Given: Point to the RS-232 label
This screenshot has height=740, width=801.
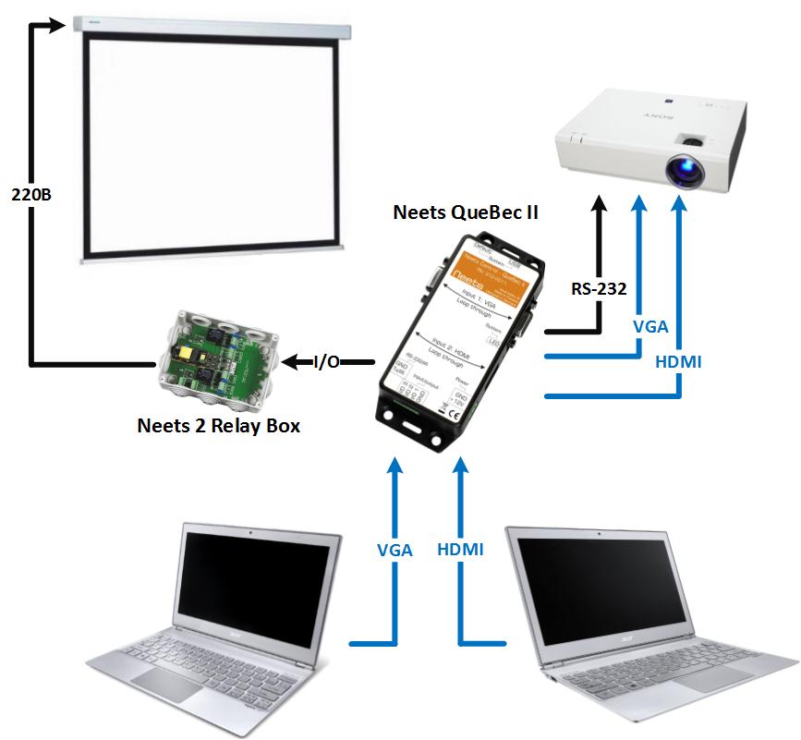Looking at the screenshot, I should (x=598, y=288).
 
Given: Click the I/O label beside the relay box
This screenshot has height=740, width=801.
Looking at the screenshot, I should (x=328, y=362).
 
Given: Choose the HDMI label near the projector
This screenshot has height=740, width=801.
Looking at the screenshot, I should (x=677, y=362).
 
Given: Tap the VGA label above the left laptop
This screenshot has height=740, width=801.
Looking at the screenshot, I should (x=394, y=549).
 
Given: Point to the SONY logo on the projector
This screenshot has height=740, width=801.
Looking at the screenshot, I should (x=646, y=119).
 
